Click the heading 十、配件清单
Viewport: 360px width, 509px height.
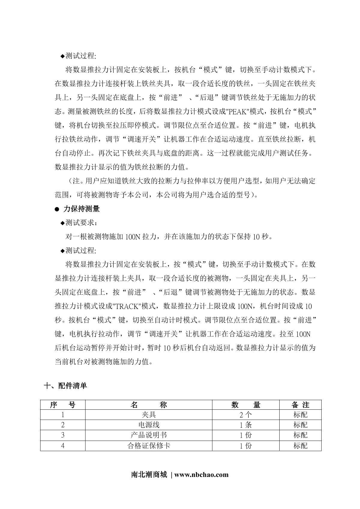[65, 386]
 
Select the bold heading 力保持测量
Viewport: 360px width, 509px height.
[81, 209]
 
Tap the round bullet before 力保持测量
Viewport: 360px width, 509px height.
[57, 209]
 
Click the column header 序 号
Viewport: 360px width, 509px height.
[63, 405]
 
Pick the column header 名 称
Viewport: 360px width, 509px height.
[148, 405]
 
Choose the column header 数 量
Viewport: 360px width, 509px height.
[246, 405]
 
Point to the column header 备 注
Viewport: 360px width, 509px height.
[300, 405]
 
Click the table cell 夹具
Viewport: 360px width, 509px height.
[148, 415]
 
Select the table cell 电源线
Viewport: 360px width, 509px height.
[148, 425]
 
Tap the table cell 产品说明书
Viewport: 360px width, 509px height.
[148, 435]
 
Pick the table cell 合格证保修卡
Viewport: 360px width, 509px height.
[148, 446]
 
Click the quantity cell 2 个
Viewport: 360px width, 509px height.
[246, 415]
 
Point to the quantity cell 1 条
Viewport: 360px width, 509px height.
[246, 425]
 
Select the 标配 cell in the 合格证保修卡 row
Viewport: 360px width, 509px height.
[300, 446]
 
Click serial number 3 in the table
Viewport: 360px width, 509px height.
[63, 435]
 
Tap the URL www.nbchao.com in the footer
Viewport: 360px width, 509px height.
[201, 475]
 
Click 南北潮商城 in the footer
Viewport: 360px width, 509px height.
[149, 475]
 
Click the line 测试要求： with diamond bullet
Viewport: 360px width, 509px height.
[79, 223]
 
